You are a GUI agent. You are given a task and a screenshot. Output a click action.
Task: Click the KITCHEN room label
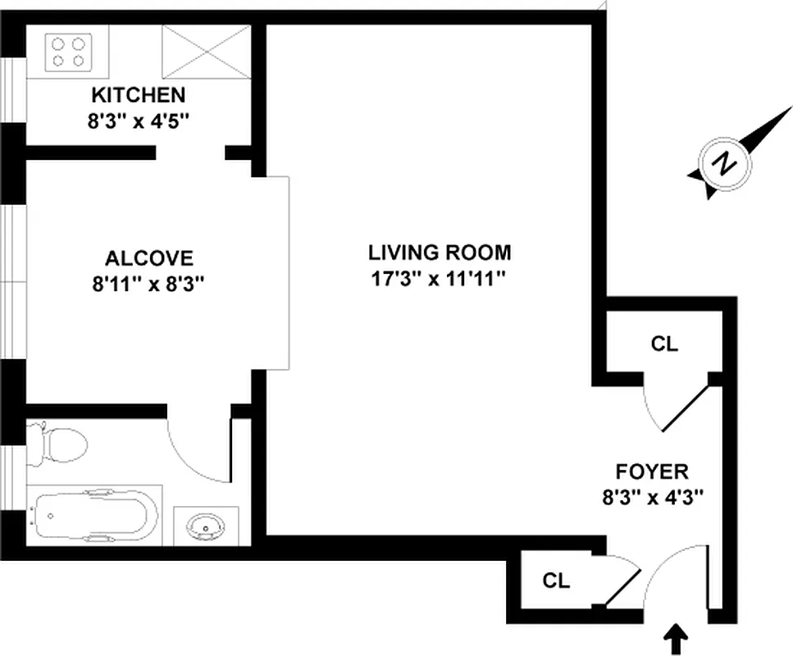(x=138, y=94)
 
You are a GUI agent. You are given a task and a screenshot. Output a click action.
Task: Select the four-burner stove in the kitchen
(x=68, y=52)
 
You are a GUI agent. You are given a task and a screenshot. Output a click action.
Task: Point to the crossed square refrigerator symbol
(x=206, y=52)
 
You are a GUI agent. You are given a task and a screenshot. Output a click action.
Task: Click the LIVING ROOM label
(x=439, y=252)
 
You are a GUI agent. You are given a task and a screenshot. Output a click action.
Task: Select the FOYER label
(x=651, y=471)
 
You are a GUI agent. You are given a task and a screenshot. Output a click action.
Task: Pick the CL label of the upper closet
(x=664, y=344)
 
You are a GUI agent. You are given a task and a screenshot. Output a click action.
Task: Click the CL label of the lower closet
(x=556, y=581)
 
